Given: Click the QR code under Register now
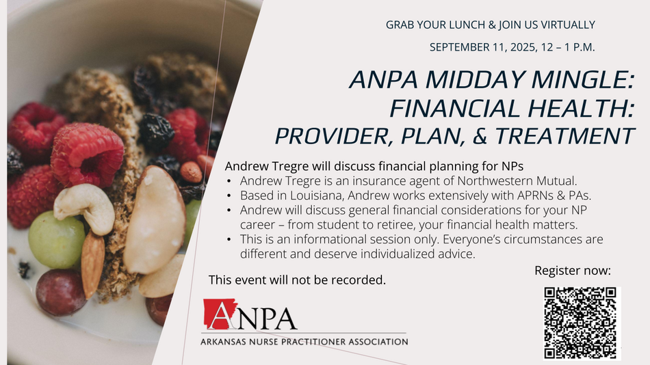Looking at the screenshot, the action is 580,323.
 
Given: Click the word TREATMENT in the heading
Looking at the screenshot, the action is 564,136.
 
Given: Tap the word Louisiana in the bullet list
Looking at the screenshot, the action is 315,195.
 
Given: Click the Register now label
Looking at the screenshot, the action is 573,271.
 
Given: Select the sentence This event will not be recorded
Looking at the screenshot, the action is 297,280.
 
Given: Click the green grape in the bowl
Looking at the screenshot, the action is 56,240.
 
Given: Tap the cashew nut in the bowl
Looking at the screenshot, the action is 85,206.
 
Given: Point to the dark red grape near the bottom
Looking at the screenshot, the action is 60,292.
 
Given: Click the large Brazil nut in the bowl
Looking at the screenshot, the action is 154,219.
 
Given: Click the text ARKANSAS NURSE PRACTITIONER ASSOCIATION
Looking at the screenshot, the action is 304,342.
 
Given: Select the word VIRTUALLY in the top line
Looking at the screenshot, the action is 568,25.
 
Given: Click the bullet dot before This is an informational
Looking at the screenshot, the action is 229,239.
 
